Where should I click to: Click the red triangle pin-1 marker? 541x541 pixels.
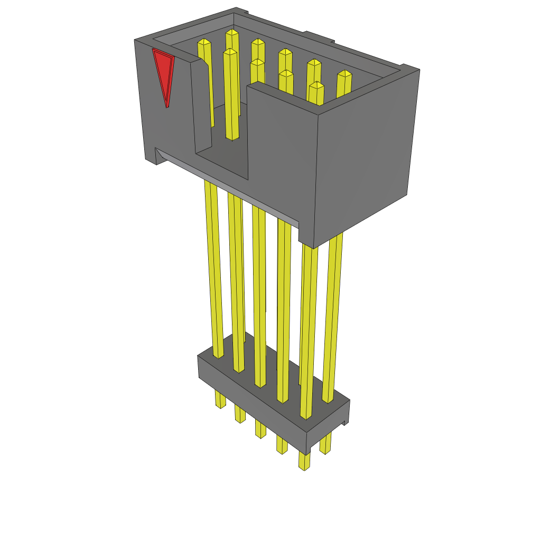tap(164, 71)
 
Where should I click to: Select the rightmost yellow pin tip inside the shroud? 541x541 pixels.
tap(344, 74)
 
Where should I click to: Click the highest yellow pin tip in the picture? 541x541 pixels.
tap(232, 33)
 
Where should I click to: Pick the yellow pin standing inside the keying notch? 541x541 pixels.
tap(231, 95)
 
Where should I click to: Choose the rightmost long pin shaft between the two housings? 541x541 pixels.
tap(332, 317)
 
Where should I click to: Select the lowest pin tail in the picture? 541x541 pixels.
tap(304, 461)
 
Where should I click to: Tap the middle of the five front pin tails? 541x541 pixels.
tap(260, 428)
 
